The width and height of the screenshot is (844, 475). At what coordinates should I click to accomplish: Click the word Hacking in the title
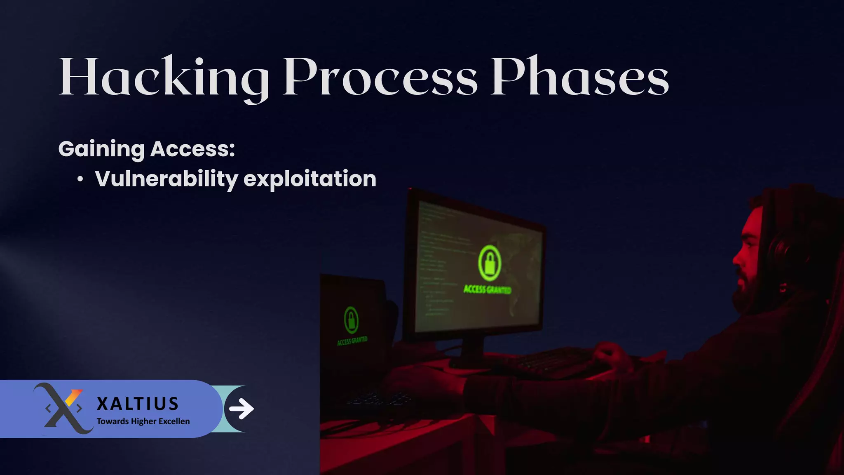(163, 78)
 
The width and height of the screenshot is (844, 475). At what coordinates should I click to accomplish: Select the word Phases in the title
(579, 78)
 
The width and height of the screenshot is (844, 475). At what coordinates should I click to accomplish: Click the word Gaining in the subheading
(101, 149)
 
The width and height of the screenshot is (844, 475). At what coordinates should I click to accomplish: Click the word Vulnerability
(166, 179)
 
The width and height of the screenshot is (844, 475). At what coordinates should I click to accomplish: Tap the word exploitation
(310, 179)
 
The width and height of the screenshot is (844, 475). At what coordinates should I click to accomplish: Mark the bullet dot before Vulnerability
(80, 179)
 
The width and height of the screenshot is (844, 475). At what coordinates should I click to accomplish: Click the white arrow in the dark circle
(241, 409)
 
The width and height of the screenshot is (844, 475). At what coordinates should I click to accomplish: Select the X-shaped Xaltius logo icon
(64, 408)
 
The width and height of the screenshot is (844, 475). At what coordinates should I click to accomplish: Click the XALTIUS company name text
(138, 404)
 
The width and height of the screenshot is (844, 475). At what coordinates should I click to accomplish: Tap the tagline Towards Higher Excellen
(143, 421)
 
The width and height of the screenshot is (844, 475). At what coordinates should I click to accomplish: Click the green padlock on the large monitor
(490, 263)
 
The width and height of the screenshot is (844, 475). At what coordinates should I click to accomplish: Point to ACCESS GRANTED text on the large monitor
(487, 289)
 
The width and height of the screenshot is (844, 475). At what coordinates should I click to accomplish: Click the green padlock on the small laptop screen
(351, 320)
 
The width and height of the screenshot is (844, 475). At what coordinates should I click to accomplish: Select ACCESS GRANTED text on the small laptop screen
(352, 341)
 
